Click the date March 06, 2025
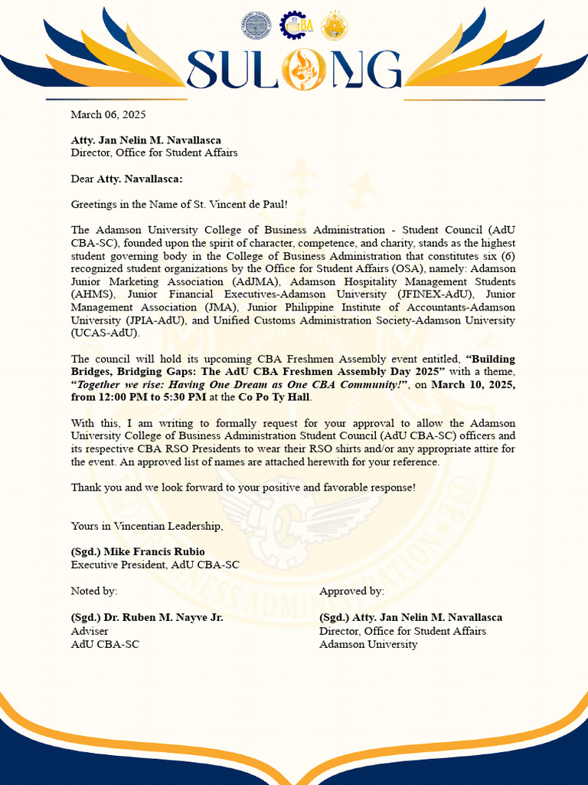(x=108, y=115)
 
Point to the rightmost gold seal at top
(x=334, y=25)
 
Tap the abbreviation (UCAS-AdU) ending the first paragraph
(x=106, y=333)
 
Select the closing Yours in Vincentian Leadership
(x=147, y=526)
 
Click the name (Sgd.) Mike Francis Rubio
(x=138, y=552)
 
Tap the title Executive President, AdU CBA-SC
(x=155, y=565)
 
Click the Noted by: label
(x=94, y=591)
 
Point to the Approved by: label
(x=351, y=591)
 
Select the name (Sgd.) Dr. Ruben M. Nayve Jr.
(x=147, y=617)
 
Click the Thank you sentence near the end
(x=243, y=488)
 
